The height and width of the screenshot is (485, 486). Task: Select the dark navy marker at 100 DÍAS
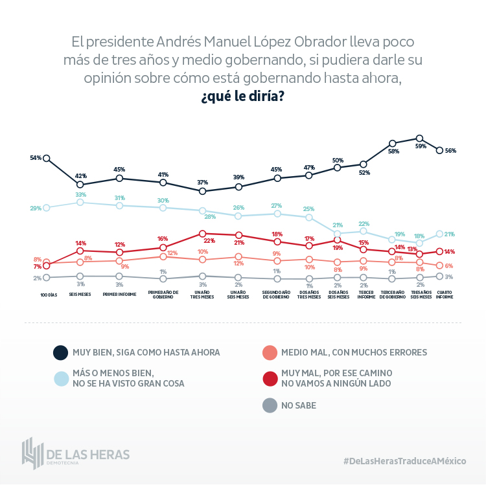pyautogui.click(x=47, y=158)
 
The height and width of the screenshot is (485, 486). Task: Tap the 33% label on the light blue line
pyautogui.click(x=81, y=194)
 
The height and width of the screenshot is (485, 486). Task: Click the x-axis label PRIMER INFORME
pyautogui.click(x=119, y=293)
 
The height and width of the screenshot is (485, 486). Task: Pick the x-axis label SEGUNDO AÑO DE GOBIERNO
pyautogui.click(x=276, y=295)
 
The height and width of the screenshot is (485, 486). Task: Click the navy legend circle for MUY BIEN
pyautogui.click(x=60, y=352)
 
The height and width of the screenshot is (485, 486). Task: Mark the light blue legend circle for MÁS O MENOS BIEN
pyautogui.click(x=60, y=378)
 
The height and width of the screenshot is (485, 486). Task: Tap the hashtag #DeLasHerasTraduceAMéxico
pyautogui.click(x=405, y=460)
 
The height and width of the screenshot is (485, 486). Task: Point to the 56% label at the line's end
pyautogui.click(x=450, y=151)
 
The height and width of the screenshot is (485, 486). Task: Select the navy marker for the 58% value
pyautogui.click(x=393, y=143)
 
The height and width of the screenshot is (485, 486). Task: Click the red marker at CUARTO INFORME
pyautogui.click(x=440, y=251)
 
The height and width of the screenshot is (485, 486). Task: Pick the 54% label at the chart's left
pyautogui.click(x=36, y=158)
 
